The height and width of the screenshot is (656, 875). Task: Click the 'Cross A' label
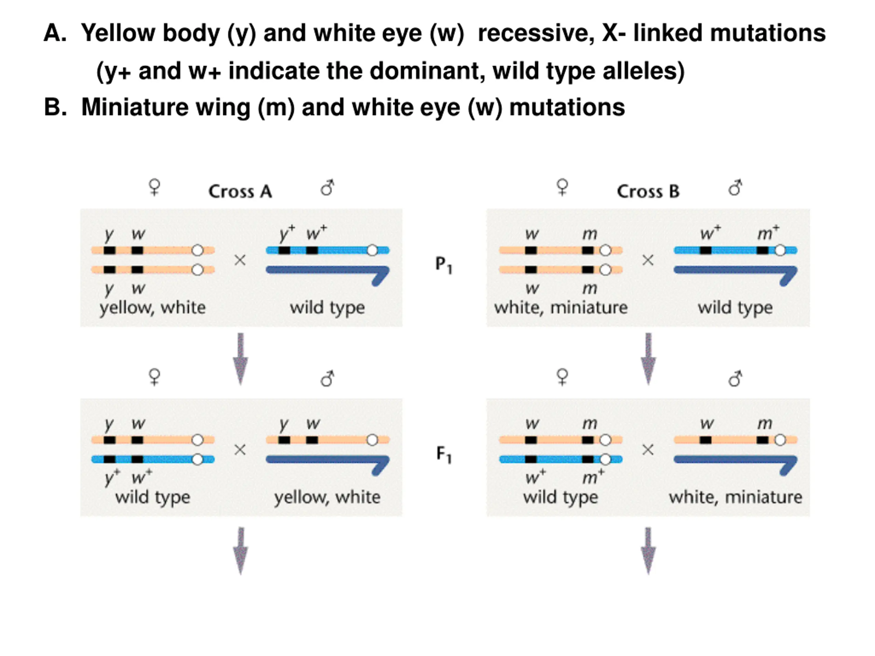pyautogui.click(x=240, y=191)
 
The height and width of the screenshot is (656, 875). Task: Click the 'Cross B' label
pyautogui.click(x=648, y=191)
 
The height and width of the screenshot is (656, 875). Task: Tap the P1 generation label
pyautogui.click(x=443, y=264)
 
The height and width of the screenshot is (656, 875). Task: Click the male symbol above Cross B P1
pyautogui.click(x=735, y=188)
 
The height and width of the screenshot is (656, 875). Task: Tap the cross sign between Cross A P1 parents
pyautogui.click(x=240, y=260)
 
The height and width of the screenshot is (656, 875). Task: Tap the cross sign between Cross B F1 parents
pyautogui.click(x=648, y=450)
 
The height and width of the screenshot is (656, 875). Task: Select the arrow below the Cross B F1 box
pyautogui.click(x=648, y=550)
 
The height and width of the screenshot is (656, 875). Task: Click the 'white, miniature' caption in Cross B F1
pyautogui.click(x=735, y=497)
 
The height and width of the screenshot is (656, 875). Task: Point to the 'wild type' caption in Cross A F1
pyautogui.click(x=153, y=497)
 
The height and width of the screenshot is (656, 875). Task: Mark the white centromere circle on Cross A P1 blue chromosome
pyautogui.click(x=372, y=250)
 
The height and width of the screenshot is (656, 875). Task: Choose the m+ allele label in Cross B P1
pyautogui.click(x=768, y=233)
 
